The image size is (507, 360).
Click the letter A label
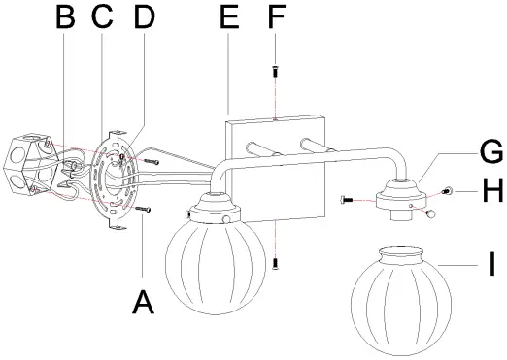pyautogui.click(x=142, y=303)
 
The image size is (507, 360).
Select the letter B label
pyautogui.click(x=65, y=18)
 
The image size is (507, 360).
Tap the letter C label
pyautogui.click(x=102, y=18)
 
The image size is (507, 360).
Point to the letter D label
pyautogui.click(x=143, y=18)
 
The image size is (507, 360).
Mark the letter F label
pyautogui.click(x=275, y=17)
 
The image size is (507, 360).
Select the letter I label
pyautogui.click(x=492, y=263)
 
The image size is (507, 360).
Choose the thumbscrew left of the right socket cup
pyautogui.click(x=349, y=200)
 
